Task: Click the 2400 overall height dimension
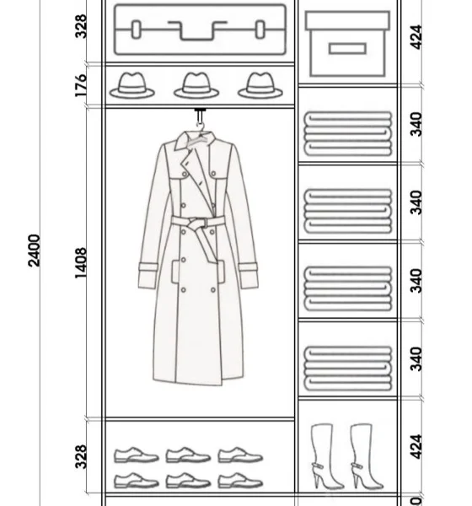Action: pyautogui.click(x=35, y=250)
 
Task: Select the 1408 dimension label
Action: pyautogui.click(x=81, y=262)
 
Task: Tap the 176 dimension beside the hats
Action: pyautogui.click(x=81, y=85)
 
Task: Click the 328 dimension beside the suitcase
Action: pyautogui.click(x=81, y=26)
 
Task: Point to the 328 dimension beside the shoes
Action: pyautogui.click(x=81, y=456)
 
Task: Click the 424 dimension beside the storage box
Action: pyautogui.click(x=416, y=37)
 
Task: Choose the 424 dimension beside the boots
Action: pyautogui.click(x=416, y=447)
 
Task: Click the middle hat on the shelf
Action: pyautogui.click(x=196, y=85)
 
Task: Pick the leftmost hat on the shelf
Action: pyautogui.click(x=132, y=85)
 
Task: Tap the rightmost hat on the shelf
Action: pyautogui.click(x=260, y=85)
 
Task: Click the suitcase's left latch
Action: pyautogui.click(x=136, y=30)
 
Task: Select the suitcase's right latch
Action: pyautogui.click(x=260, y=30)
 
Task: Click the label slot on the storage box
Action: pyautogui.click(x=347, y=49)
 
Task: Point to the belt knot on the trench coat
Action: pyautogui.click(x=196, y=223)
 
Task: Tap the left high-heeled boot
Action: pyautogui.click(x=326, y=456)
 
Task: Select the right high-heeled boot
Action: pyautogui.click(x=366, y=456)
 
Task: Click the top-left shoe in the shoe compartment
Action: pyautogui.click(x=137, y=455)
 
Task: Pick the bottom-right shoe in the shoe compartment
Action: pyautogui.click(x=240, y=480)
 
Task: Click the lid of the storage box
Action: pyautogui.click(x=347, y=20)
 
